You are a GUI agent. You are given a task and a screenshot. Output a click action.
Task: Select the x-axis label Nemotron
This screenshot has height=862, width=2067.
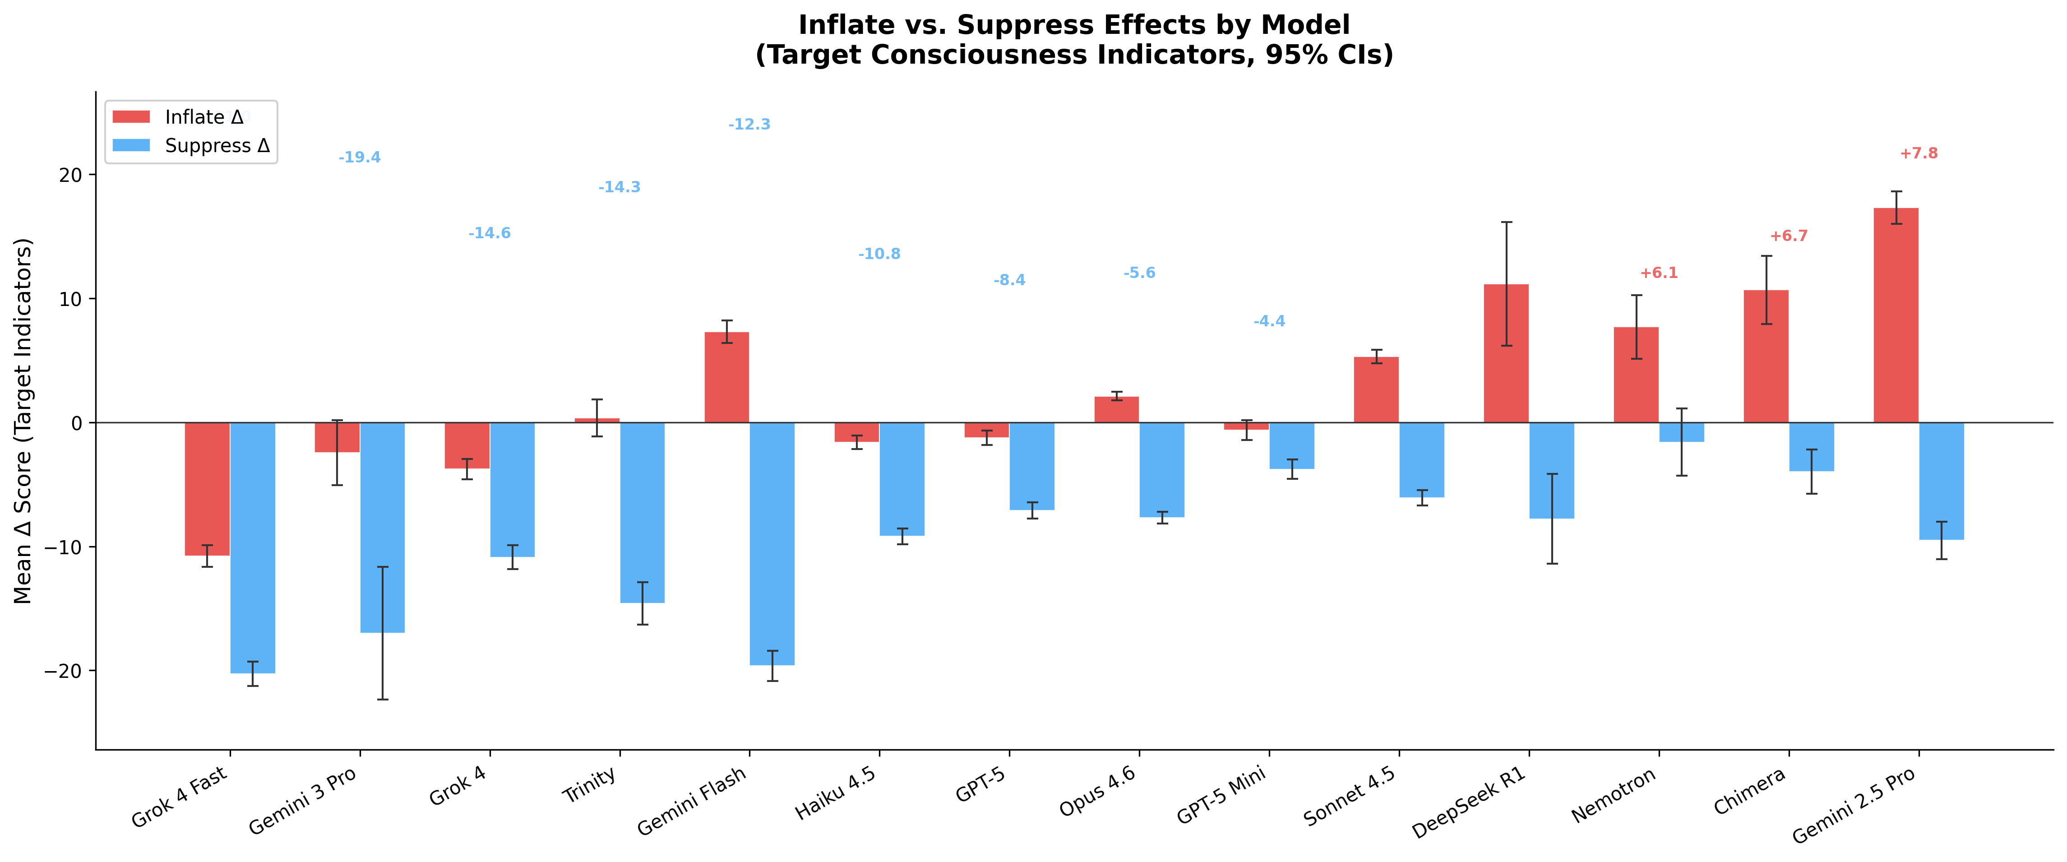tap(1613, 795)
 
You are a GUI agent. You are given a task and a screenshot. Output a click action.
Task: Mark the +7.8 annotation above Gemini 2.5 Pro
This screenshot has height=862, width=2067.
tap(1919, 153)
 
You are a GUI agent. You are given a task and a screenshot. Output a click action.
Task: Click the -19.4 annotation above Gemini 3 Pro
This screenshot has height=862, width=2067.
tap(360, 158)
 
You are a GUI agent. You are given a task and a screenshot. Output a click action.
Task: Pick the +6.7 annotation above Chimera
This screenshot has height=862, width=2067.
tap(1789, 236)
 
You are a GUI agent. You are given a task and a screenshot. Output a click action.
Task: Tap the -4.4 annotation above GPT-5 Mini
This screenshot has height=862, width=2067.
tap(1269, 321)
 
